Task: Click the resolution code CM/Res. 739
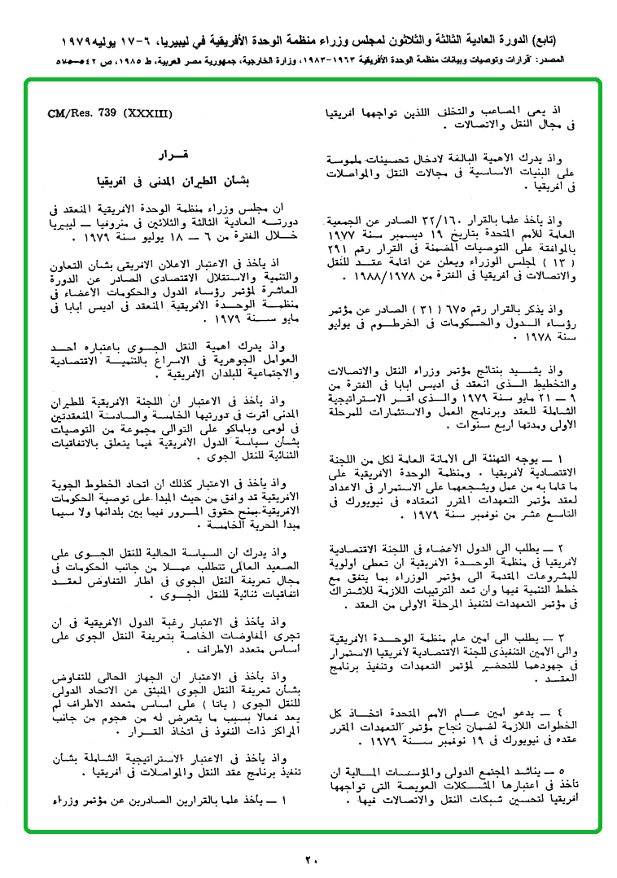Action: (81, 115)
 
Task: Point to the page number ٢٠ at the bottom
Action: (312, 858)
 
